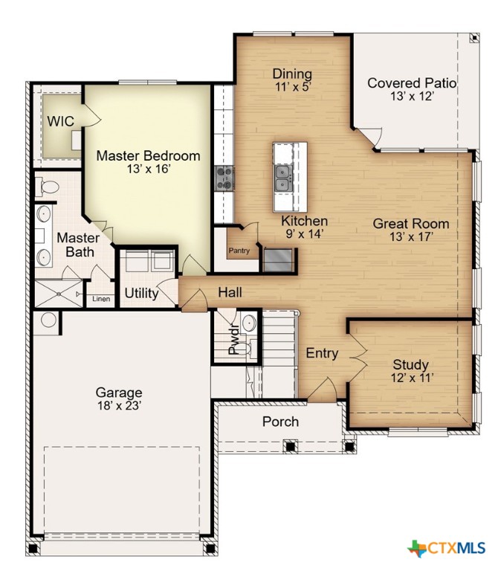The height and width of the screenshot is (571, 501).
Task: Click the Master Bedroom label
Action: pos(148,156)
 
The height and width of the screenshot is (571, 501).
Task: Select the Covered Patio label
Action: pos(411,83)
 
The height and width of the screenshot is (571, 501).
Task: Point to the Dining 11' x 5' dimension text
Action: pos(291,87)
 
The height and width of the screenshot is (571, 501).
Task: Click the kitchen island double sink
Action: pos(282,177)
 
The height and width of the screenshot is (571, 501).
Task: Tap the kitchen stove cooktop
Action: pos(224,178)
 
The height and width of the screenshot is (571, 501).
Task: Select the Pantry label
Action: pos(239,251)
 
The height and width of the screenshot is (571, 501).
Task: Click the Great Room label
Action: pos(410,223)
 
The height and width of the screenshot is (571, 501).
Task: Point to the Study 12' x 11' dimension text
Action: pos(410,378)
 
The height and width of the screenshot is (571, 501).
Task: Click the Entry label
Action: pos(322,354)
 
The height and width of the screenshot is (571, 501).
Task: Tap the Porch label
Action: pos(280,422)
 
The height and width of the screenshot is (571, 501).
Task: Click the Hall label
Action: pos(230,293)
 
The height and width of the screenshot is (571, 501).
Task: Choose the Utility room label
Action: pos(141,293)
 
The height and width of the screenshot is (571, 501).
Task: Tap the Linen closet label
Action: pos(100,299)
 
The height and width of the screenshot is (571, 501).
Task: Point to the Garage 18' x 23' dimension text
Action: pos(119,406)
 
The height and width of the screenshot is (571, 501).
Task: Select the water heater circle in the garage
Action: pos(49,320)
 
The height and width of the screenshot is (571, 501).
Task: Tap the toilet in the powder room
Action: pos(250,324)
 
